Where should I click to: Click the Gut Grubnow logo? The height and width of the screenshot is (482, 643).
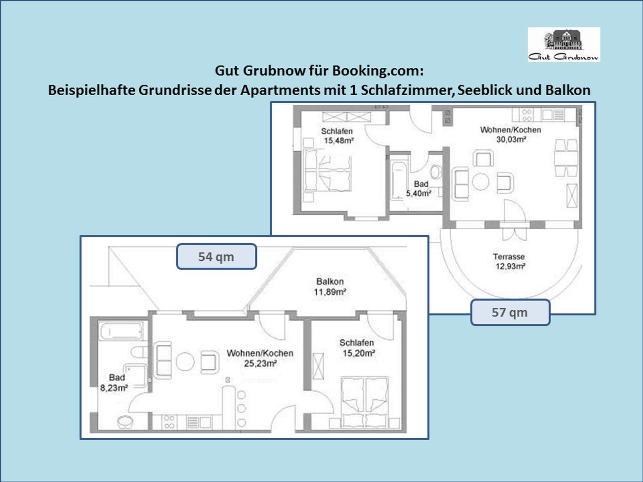click(564, 44)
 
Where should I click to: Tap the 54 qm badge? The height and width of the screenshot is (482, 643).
click(217, 257)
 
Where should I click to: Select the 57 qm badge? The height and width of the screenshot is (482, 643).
click(510, 312)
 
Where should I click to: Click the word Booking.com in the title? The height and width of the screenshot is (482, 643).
click(378, 71)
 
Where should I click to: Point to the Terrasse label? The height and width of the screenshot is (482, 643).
click(509, 257)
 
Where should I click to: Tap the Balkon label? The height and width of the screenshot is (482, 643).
click(330, 281)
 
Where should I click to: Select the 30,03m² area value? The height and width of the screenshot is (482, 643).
click(511, 139)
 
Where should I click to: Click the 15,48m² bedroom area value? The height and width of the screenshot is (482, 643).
click(339, 141)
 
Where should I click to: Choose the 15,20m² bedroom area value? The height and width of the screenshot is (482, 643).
click(359, 353)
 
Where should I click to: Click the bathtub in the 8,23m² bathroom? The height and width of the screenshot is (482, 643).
click(121, 331)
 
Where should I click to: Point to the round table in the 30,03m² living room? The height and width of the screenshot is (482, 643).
click(480, 181)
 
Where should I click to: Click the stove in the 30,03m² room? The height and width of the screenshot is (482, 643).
click(526, 115)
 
